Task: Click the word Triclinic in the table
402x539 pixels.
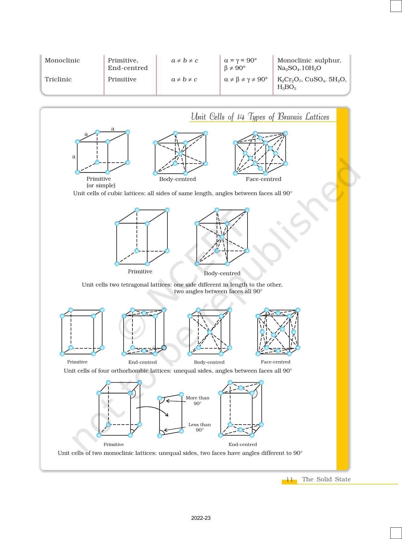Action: pos(58,79)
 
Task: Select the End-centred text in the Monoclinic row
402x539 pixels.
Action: pos(127,68)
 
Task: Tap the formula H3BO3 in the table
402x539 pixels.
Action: pos(287,88)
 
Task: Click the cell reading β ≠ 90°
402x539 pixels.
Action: pos(235,68)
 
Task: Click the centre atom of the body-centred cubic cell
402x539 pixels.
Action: pos(180,154)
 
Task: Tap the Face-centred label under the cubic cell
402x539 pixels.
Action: pos(263,179)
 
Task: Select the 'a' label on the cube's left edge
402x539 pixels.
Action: pos(74,157)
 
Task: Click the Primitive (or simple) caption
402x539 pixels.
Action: pos(101,182)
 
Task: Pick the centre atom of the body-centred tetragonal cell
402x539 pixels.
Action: pos(222,237)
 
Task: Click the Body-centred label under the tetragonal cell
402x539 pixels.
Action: pos(222,273)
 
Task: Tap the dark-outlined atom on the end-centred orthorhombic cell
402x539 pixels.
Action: pos(164,348)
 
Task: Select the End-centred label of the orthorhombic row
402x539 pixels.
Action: pos(142,362)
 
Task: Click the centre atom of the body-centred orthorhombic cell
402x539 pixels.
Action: pos(210,332)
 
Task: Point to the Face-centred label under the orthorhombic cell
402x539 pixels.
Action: pos(275,362)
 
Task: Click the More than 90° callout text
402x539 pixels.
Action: pos(197,400)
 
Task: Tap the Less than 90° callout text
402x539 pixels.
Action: pos(199,427)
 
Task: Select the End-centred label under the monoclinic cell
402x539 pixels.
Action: pos(242,444)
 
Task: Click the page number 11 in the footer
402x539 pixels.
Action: pos(289,480)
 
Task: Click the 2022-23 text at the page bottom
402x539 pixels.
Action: pos(201,518)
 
